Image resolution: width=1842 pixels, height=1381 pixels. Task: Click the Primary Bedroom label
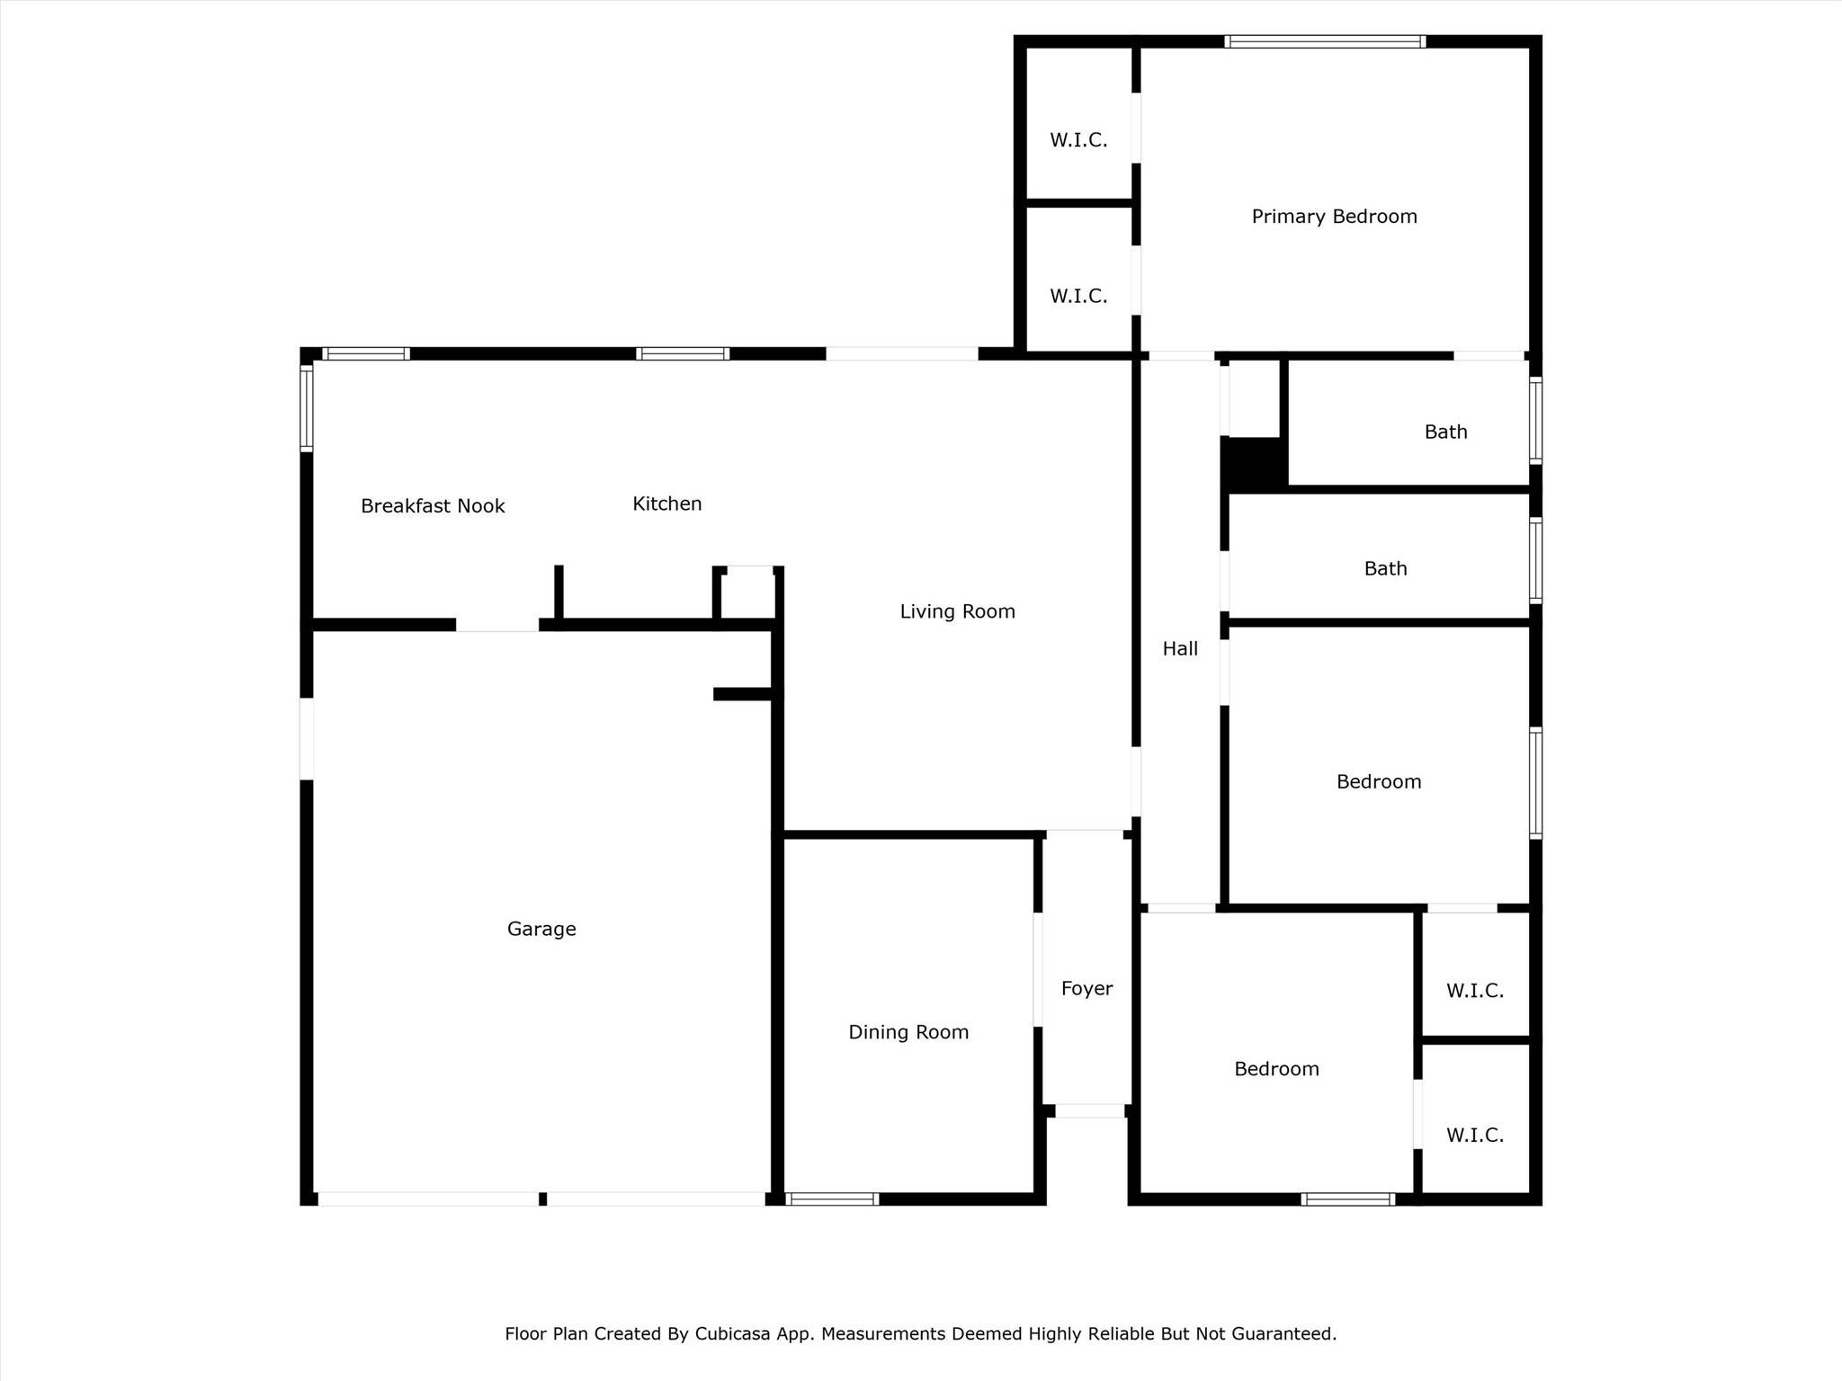click(1334, 217)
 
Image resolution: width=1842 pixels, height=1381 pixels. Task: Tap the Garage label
click(541, 929)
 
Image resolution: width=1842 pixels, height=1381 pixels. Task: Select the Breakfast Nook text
click(433, 506)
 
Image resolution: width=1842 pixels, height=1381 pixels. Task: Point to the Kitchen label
click(666, 503)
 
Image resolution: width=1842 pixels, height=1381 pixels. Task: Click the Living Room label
click(957, 611)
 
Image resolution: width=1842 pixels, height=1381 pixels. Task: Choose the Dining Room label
click(908, 1032)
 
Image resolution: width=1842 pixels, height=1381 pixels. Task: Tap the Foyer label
click(1086, 988)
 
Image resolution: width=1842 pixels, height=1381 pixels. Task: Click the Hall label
click(1180, 648)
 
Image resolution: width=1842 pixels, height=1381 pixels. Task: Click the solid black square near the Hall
click(1253, 464)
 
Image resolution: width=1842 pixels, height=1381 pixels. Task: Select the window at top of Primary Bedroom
click(1325, 41)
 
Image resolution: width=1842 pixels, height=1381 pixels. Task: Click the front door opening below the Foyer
click(1089, 1111)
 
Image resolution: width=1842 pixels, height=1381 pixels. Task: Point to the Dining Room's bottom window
click(832, 1198)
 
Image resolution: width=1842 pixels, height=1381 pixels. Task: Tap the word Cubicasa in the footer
click(732, 1333)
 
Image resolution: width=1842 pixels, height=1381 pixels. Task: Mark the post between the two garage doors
click(542, 1198)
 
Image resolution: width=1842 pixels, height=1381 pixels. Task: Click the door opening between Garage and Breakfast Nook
click(497, 625)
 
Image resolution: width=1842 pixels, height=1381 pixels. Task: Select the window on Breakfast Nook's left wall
click(306, 408)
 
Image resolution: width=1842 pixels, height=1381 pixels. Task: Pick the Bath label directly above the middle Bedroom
click(1385, 568)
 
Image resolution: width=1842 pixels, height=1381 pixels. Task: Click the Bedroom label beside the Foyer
click(1276, 1069)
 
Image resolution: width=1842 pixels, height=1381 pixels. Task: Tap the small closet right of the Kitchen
click(747, 594)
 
